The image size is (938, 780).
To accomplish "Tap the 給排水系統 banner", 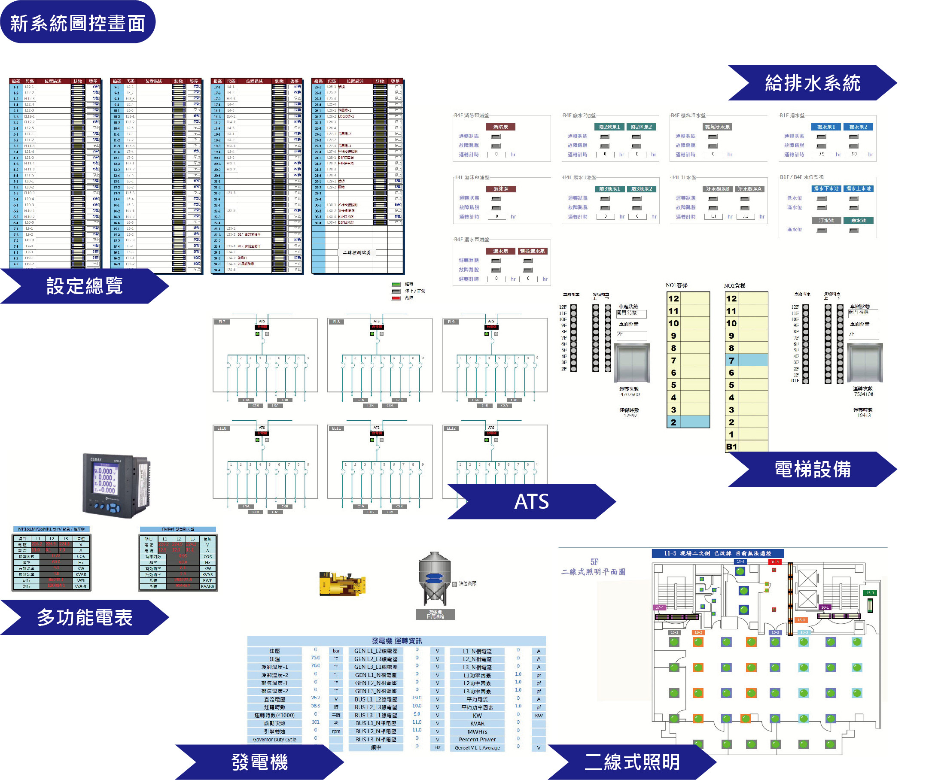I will pyautogui.click(x=812, y=83).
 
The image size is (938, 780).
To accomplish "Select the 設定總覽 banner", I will pyautogui.click(x=85, y=286).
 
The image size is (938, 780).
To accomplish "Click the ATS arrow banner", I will pyautogui.click(x=531, y=501).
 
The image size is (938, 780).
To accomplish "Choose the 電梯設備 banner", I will pyautogui.click(x=812, y=469).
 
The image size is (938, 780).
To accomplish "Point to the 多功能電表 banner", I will pyautogui.click(x=85, y=617).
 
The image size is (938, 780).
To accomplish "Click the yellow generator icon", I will pyautogui.click(x=342, y=583).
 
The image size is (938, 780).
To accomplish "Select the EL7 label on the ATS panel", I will pyautogui.click(x=222, y=322).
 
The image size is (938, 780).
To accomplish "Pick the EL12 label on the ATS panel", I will pyautogui.click(x=451, y=428).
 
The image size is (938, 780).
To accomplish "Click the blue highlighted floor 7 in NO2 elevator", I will pyautogui.click(x=746, y=360).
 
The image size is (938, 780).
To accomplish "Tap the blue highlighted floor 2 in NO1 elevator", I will pyautogui.click(x=688, y=422).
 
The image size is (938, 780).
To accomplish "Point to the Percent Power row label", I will pyautogui.click(x=477, y=739).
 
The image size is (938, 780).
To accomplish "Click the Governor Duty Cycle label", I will pyautogui.click(x=275, y=739).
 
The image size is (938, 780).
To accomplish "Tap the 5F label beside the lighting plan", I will pyautogui.click(x=594, y=561).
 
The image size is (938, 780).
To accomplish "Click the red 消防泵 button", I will pyautogui.click(x=500, y=127).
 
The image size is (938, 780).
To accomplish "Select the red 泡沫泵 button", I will pyautogui.click(x=500, y=189).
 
